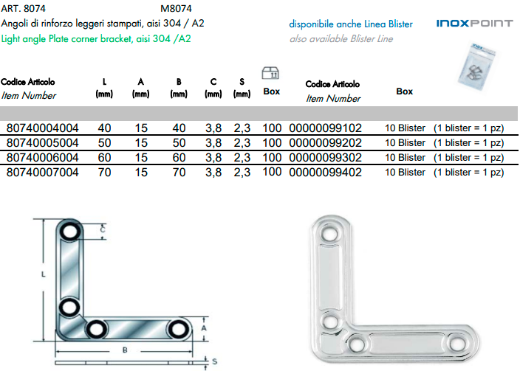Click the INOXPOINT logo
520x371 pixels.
473,24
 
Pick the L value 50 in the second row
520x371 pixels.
104,142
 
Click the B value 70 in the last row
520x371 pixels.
178,172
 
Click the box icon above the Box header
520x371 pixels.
271,72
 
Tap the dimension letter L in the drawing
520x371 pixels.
44,274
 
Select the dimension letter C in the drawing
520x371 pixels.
102,229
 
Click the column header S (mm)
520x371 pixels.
242,87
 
